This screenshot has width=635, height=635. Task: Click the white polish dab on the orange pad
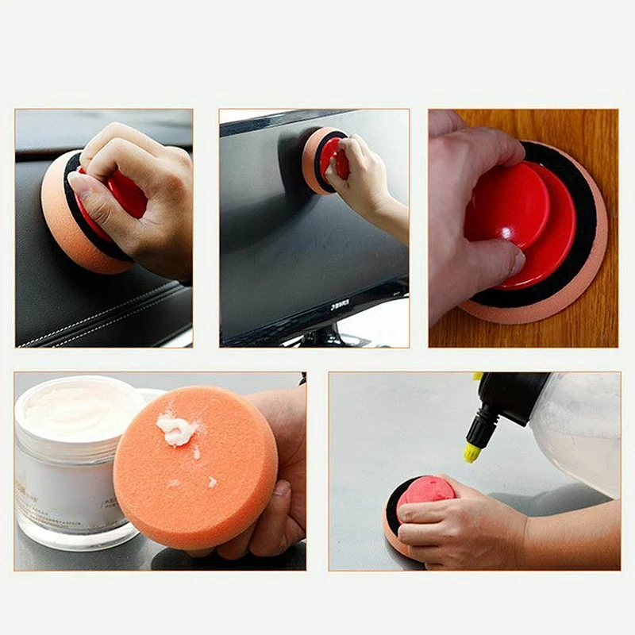[176, 429]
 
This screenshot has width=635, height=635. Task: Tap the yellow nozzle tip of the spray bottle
[471, 453]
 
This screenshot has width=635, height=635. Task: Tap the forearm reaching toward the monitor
[389, 218]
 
